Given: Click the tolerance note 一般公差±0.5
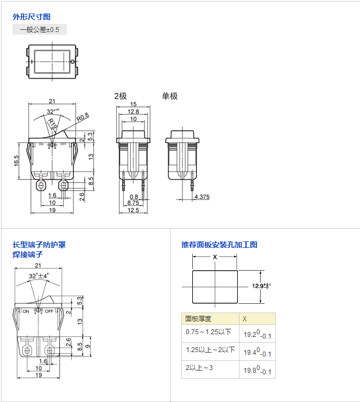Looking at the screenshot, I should pyautogui.click(x=40, y=30).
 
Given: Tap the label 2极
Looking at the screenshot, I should pyautogui.click(x=120, y=96).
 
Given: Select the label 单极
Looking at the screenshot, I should pyautogui.click(x=169, y=96).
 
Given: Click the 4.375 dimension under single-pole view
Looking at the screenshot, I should pyautogui.click(x=202, y=196).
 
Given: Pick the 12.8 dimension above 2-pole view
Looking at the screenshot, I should pyautogui.click(x=133, y=111).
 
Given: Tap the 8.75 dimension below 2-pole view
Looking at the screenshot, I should pyautogui.click(x=133, y=202).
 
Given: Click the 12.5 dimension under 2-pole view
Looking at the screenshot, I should pyautogui.click(x=133, y=210).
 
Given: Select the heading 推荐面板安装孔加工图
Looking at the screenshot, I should pyautogui.click(x=219, y=245).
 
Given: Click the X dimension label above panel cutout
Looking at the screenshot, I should pyautogui.click(x=215, y=257).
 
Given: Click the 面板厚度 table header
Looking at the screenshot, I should pyautogui.click(x=198, y=318).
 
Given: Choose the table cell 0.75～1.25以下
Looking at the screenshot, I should pyautogui.click(x=209, y=332).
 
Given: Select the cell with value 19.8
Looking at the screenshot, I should pyautogui.click(x=256, y=371).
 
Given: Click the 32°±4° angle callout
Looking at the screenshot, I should pyautogui.click(x=39, y=276).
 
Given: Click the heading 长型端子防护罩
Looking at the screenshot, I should pyautogui.click(x=39, y=245).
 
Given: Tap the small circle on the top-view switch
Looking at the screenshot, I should pyautogui.click(x=73, y=62).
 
